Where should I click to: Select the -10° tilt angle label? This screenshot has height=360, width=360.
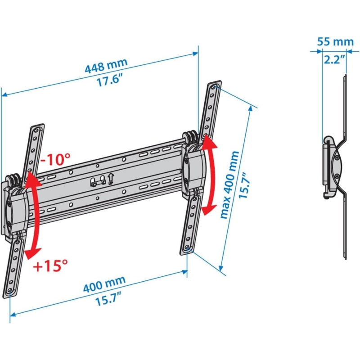[55, 159]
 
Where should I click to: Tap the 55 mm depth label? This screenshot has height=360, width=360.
[335, 42]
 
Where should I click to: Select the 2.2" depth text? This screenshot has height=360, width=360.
[333, 58]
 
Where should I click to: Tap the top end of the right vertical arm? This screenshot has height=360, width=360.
[215, 86]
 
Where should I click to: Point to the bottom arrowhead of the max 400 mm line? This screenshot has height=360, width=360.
[221, 269]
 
